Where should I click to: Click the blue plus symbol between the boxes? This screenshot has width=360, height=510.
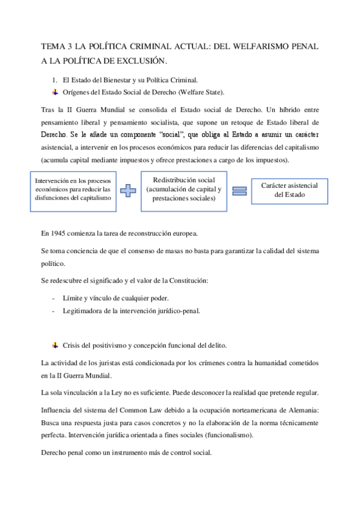127,191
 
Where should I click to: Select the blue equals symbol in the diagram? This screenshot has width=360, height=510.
239,191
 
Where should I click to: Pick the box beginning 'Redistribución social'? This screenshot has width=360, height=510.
183,190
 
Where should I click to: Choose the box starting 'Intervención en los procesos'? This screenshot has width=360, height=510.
73,191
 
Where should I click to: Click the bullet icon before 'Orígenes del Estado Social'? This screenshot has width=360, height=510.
55,92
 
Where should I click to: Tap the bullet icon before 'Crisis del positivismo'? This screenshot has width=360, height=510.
55,345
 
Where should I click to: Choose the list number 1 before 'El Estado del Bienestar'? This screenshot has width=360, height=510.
55,79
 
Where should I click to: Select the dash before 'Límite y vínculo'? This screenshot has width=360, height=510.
55,298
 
